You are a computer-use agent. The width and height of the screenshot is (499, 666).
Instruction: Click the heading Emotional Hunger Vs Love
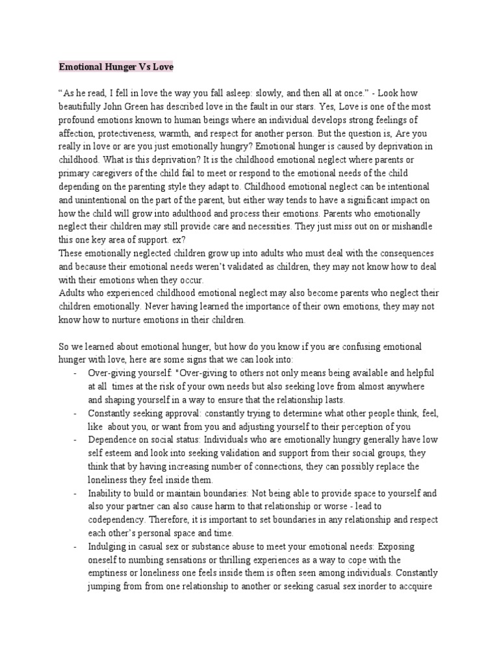116,66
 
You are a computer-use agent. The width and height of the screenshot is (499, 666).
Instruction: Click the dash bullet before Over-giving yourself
77,375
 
